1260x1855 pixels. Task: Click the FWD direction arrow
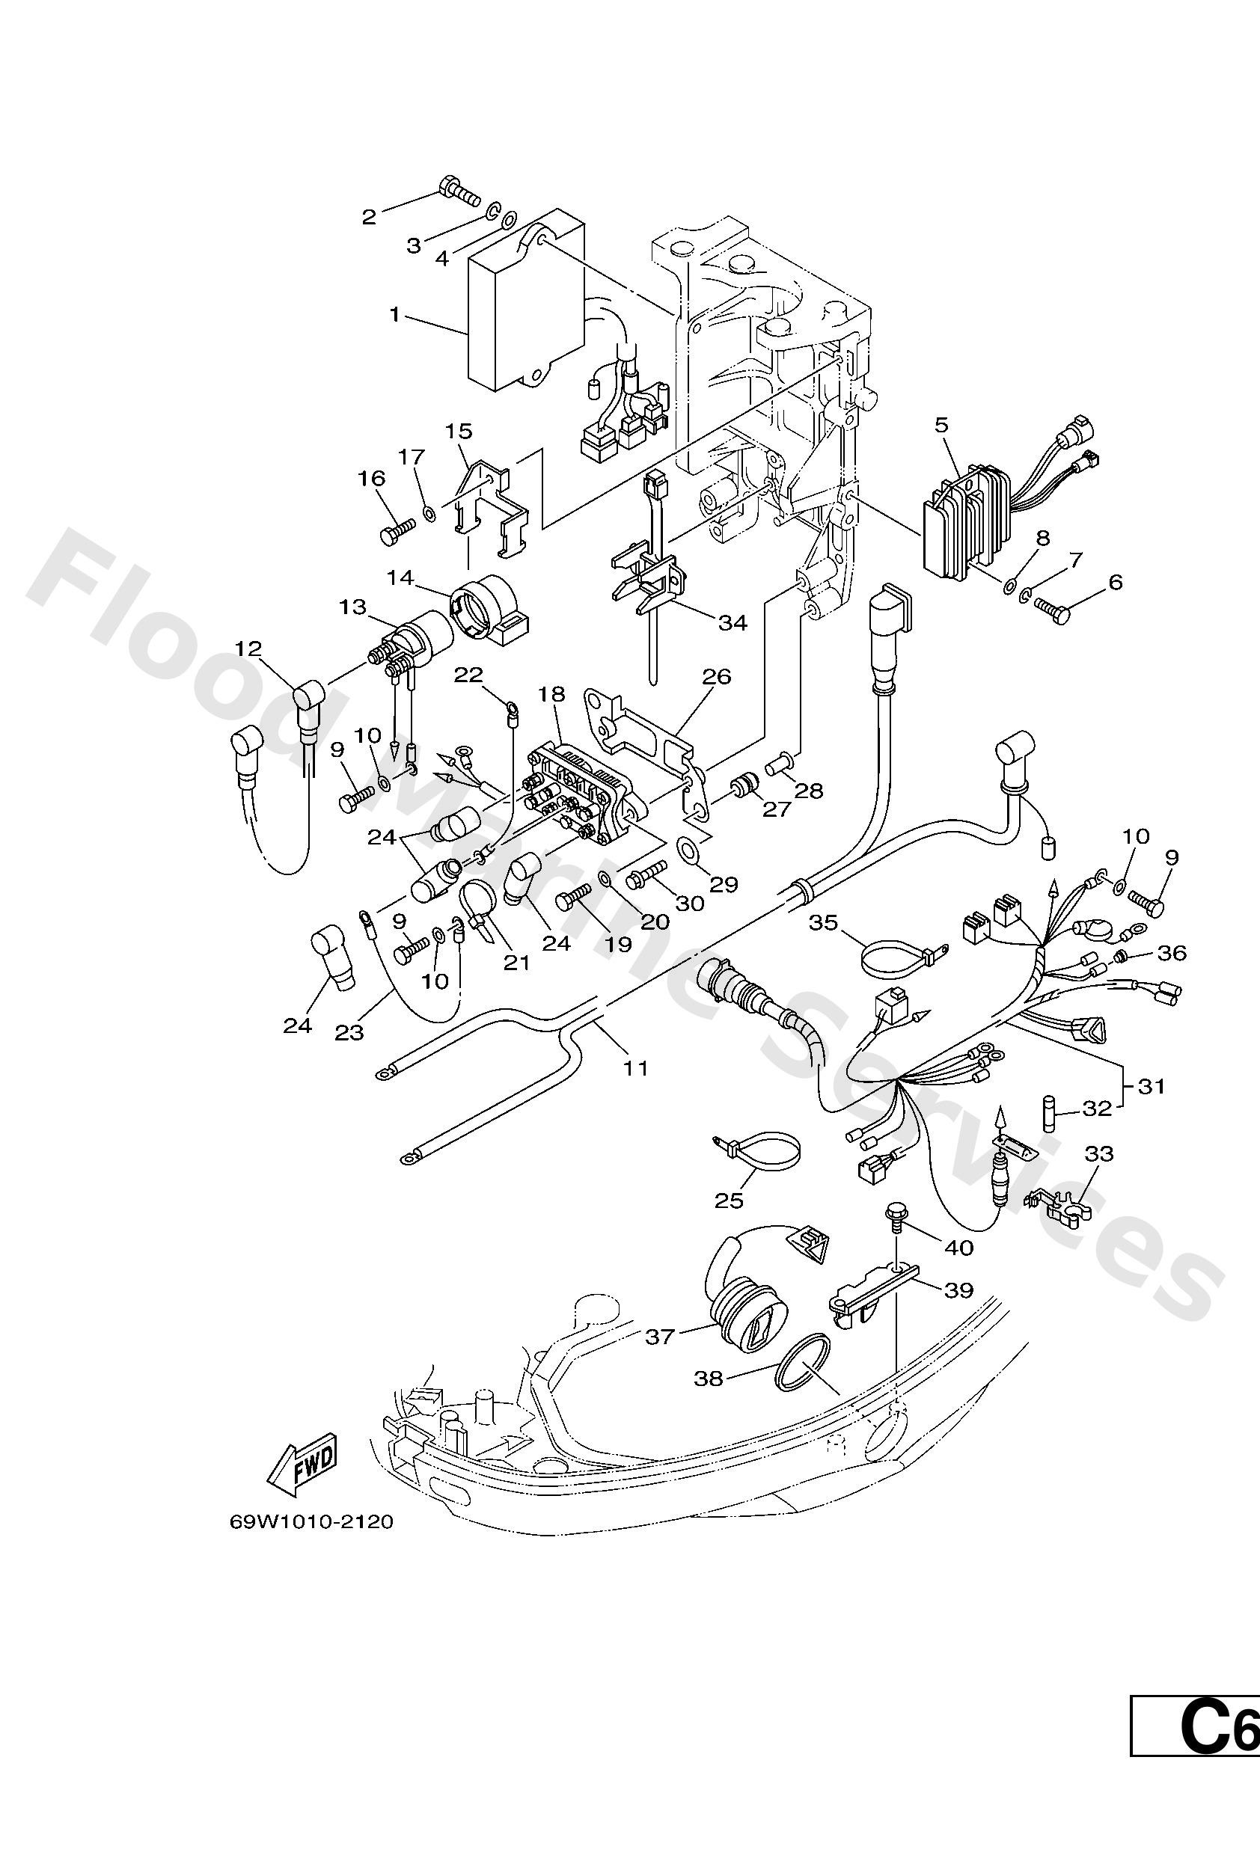(302, 1465)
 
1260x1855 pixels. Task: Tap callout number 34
(733, 622)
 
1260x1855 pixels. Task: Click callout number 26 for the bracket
(716, 676)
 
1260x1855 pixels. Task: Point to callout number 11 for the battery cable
(635, 1067)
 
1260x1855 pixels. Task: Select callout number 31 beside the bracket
(1151, 1086)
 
